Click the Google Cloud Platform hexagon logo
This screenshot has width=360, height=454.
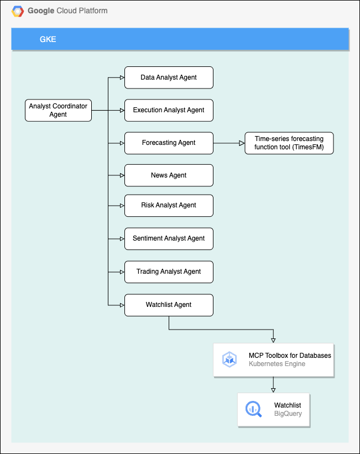(x=18, y=11)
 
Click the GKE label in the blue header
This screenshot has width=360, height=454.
(x=48, y=39)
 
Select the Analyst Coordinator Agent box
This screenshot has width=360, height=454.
(x=58, y=110)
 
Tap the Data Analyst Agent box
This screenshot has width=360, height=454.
(x=169, y=77)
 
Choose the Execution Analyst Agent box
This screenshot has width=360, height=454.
(x=169, y=110)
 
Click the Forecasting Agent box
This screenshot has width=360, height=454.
(x=169, y=143)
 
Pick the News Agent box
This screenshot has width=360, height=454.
(x=169, y=175)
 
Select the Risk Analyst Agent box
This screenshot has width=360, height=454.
(x=169, y=205)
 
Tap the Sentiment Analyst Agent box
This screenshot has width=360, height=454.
(x=169, y=238)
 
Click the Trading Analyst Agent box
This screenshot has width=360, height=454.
(x=169, y=272)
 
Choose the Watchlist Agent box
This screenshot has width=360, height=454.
(x=169, y=305)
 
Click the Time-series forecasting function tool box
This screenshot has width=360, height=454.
(x=289, y=143)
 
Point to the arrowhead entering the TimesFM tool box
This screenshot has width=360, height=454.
(x=242, y=143)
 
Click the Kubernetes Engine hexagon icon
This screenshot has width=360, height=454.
(x=229, y=359)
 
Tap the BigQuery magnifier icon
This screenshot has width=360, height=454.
(x=254, y=410)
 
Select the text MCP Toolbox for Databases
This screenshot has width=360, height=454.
(x=290, y=356)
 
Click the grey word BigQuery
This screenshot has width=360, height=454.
(x=288, y=414)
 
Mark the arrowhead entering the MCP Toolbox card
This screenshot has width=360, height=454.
(x=273, y=340)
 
